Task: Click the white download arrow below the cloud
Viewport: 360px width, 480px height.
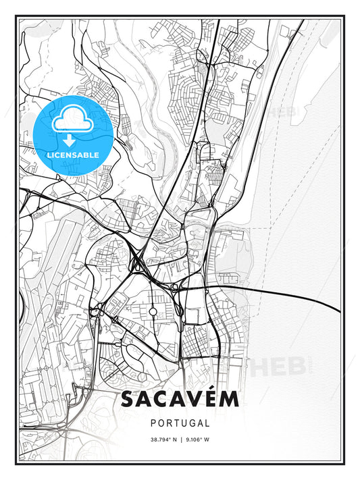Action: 71,140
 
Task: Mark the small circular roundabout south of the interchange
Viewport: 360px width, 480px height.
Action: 153,312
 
